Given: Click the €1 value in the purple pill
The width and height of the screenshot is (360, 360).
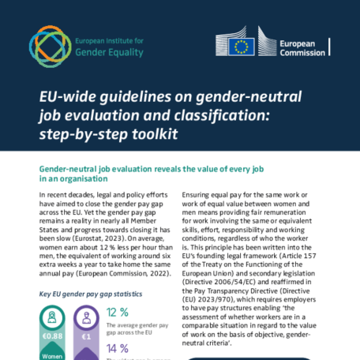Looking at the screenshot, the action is pyautogui.click(x=88, y=337).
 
